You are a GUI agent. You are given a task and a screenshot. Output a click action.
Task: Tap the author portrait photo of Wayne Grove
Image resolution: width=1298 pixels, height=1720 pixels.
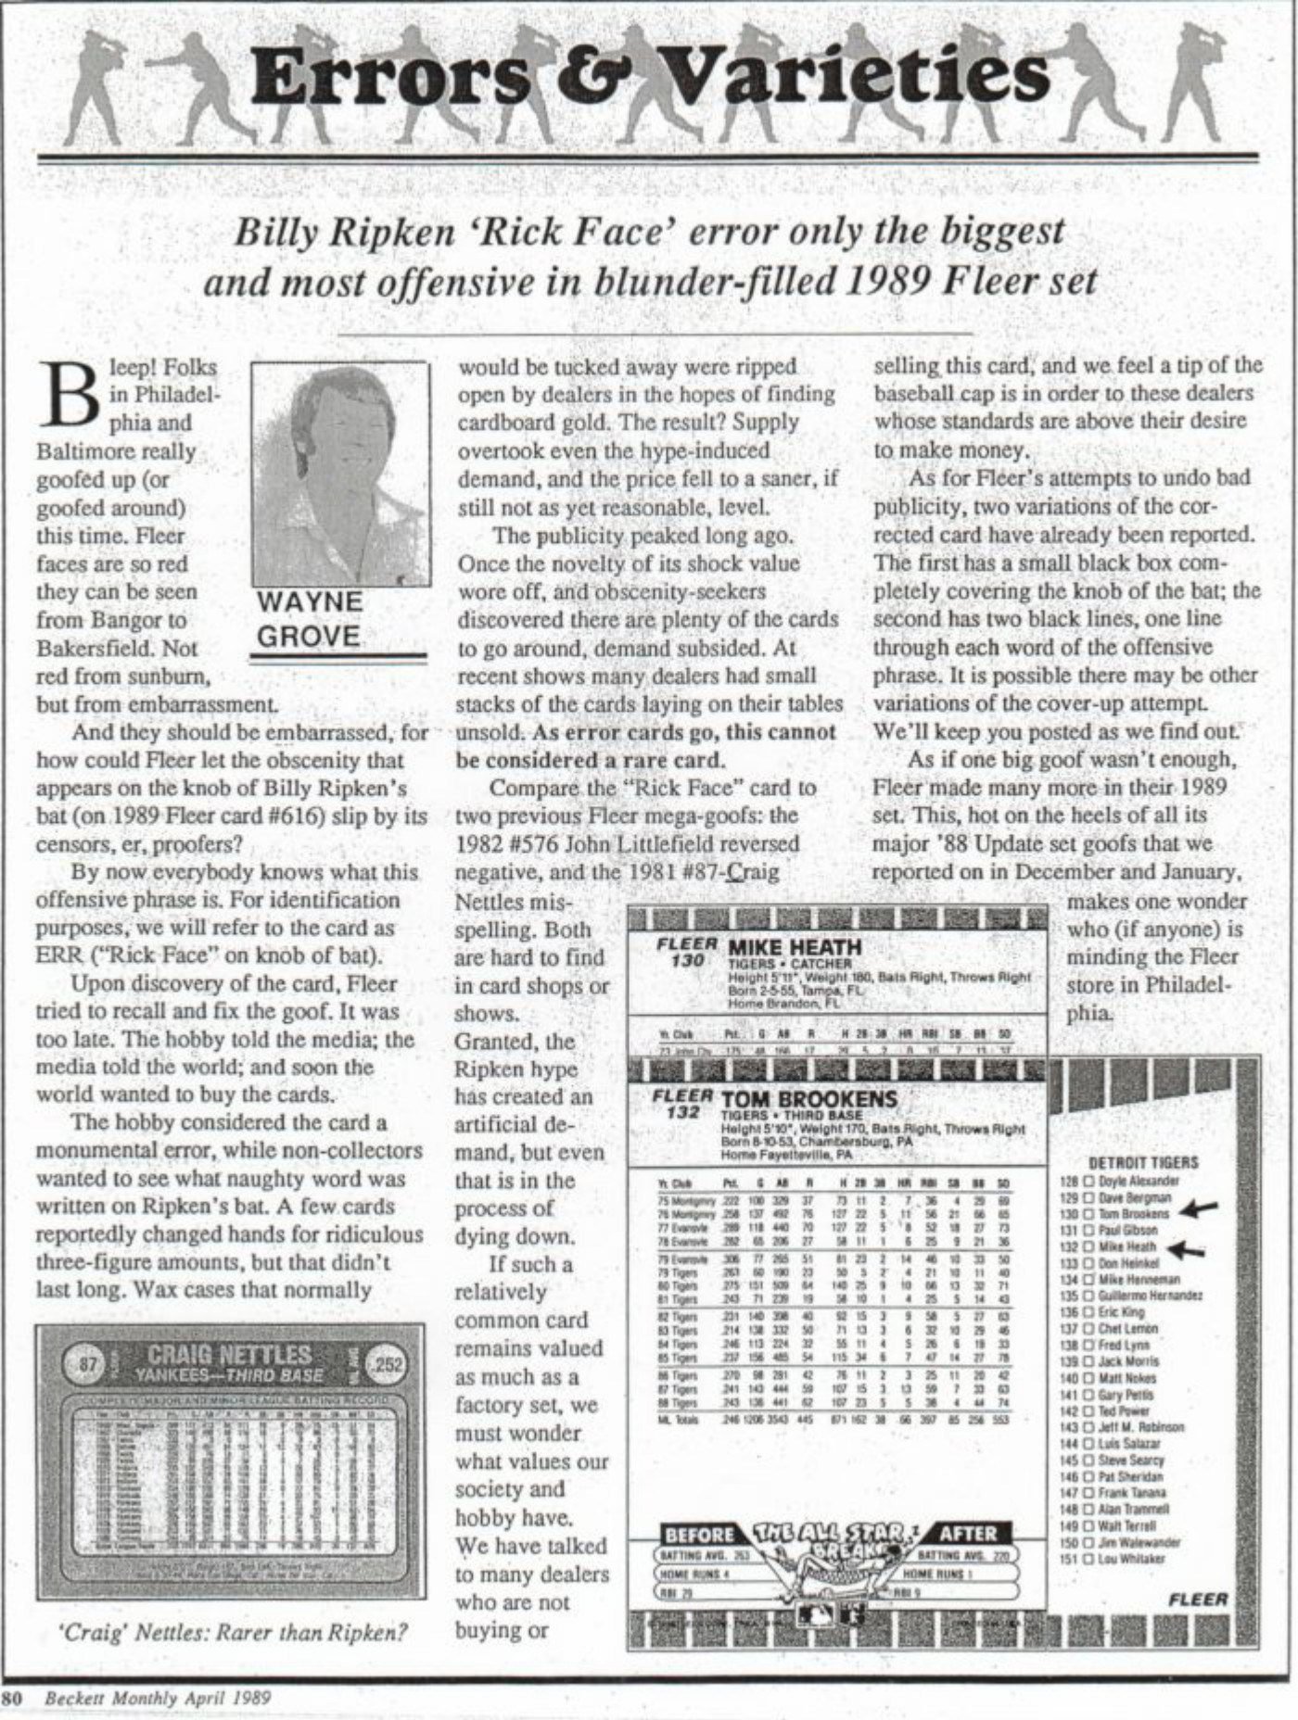[338, 473]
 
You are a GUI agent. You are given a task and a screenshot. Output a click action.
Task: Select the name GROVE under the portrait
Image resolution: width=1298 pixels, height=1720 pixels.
[309, 637]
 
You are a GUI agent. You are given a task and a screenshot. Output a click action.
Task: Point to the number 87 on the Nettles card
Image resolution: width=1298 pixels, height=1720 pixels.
[88, 1364]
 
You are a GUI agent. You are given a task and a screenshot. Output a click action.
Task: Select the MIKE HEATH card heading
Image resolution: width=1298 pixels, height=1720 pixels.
[795, 947]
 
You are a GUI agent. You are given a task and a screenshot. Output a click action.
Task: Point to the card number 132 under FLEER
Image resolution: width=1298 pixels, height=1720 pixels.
[682, 1112]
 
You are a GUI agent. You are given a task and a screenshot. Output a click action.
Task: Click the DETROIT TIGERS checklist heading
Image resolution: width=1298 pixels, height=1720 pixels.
[1142, 1162]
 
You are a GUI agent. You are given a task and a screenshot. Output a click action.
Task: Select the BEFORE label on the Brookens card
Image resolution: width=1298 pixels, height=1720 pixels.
[699, 1534]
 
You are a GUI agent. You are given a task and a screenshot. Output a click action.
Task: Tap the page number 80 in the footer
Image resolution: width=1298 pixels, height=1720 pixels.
[12, 1699]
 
